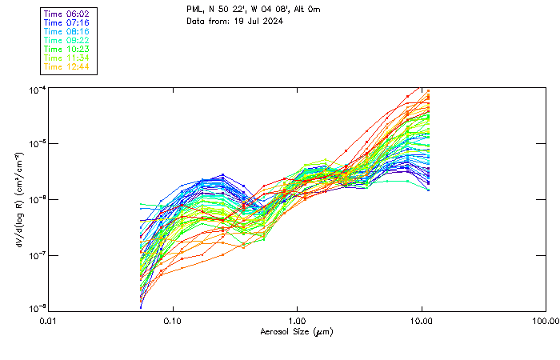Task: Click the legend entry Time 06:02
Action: tap(68, 14)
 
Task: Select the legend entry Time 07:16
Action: tap(68, 22)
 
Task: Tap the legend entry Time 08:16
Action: tap(68, 31)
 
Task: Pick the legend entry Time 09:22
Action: tap(68, 40)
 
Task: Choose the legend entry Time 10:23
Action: tap(68, 49)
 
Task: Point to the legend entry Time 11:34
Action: tap(68, 58)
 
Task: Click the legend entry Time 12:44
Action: tap(68, 66)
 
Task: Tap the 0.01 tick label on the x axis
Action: tap(49, 320)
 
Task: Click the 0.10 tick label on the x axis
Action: tap(173, 320)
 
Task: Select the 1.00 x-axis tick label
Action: tap(298, 320)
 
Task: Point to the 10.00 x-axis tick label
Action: tap(422, 320)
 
